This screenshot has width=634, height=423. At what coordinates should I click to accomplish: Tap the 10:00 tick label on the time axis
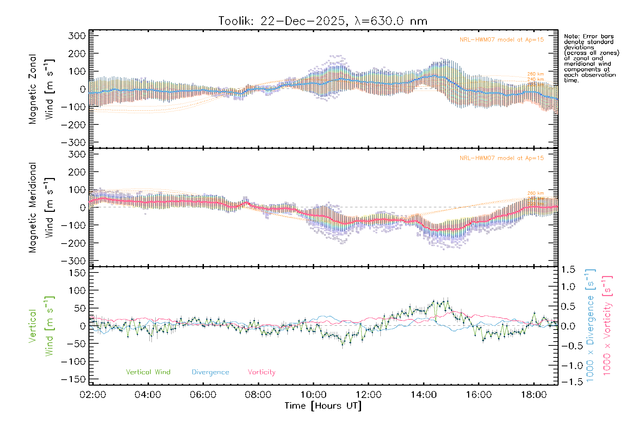pyautogui.click(x=313, y=394)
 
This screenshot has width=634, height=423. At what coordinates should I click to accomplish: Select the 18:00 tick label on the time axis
pyautogui.click(x=534, y=394)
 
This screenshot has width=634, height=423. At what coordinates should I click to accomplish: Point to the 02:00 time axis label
pyautogui.click(x=93, y=394)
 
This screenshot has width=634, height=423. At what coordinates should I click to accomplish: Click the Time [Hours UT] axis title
pyautogui.click(x=323, y=406)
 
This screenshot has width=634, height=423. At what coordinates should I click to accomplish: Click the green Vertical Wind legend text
pyautogui.click(x=148, y=372)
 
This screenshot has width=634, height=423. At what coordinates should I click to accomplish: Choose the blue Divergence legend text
pyautogui.click(x=210, y=372)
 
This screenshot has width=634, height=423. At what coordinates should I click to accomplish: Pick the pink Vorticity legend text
pyautogui.click(x=261, y=372)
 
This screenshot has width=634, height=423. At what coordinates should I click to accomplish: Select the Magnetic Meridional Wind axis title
pyautogui.click(x=42, y=208)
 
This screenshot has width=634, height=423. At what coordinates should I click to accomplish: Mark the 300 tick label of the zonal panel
pyautogui.click(x=77, y=36)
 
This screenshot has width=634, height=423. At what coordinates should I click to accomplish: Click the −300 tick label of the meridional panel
pyautogui.click(x=73, y=261)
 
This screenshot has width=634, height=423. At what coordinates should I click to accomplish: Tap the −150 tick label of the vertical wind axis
pyautogui.click(x=73, y=379)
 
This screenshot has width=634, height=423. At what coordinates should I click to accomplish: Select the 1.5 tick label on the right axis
pyautogui.click(x=568, y=270)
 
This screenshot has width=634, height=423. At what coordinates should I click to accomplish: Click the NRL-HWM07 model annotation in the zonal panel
pyautogui.click(x=502, y=40)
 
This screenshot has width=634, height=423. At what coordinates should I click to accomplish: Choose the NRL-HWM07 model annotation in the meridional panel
pyautogui.click(x=502, y=158)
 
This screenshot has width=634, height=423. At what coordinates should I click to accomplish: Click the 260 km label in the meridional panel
pyautogui.click(x=535, y=193)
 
